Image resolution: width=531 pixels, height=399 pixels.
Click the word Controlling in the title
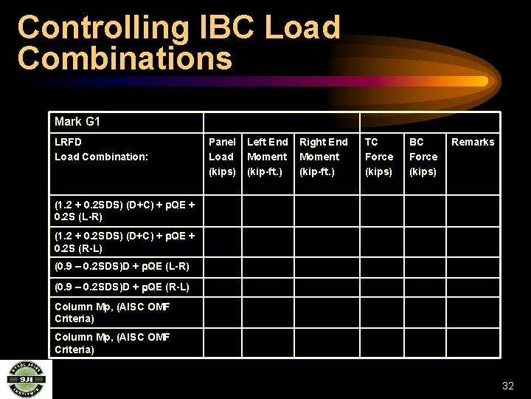(x=103, y=28)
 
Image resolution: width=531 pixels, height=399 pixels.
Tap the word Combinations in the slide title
(x=125, y=58)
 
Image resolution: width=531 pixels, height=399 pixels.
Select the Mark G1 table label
(x=77, y=122)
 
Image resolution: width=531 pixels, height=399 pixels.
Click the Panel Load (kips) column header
(x=222, y=157)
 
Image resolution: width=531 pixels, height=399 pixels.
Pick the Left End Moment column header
(x=267, y=157)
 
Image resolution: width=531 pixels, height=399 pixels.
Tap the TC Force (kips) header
(x=379, y=157)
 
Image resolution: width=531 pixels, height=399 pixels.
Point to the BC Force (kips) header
(x=423, y=157)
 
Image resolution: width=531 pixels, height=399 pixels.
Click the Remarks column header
(x=473, y=142)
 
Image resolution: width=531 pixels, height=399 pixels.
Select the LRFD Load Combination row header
(x=101, y=149)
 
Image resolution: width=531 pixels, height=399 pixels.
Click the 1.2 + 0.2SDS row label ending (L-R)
(x=125, y=211)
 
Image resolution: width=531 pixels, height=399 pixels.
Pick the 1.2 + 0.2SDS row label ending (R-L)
(x=125, y=242)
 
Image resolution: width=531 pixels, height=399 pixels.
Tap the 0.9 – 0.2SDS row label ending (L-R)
(x=122, y=266)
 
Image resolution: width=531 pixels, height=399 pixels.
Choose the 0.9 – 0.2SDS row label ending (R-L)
(x=122, y=287)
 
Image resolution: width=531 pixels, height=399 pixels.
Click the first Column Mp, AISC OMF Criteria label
(x=112, y=313)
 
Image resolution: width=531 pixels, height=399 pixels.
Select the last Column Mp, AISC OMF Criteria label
(x=112, y=343)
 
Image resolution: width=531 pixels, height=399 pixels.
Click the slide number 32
(x=507, y=386)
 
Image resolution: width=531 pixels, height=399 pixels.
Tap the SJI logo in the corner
(x=26, y=379)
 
